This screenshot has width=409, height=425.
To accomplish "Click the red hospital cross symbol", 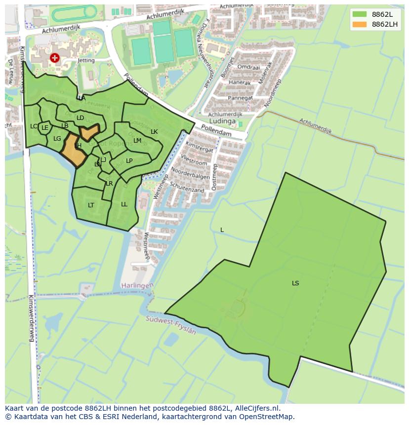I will point(55,58).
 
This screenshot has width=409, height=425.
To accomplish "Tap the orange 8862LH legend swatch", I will point(360,24).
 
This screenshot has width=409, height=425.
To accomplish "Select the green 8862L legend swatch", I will point(360,14).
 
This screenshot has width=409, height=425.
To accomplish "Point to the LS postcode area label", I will point(295,283).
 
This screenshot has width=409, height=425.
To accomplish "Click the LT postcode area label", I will point(91,205).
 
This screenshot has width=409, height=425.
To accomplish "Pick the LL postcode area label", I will point(124,204).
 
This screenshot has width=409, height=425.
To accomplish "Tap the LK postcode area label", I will point(154,132).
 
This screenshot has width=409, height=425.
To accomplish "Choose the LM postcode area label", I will point(137,141).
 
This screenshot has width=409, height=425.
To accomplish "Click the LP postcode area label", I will point(129,161).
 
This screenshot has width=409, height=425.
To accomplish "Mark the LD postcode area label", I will point(80,118).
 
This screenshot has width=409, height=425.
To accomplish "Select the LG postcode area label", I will point(57,139).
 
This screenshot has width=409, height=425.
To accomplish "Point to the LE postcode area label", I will point(45,128).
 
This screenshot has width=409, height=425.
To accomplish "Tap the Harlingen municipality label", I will point(137,286).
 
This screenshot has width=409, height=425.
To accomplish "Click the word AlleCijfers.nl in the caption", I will point(257,409).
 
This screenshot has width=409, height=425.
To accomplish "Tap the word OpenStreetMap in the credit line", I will point(269,417).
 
